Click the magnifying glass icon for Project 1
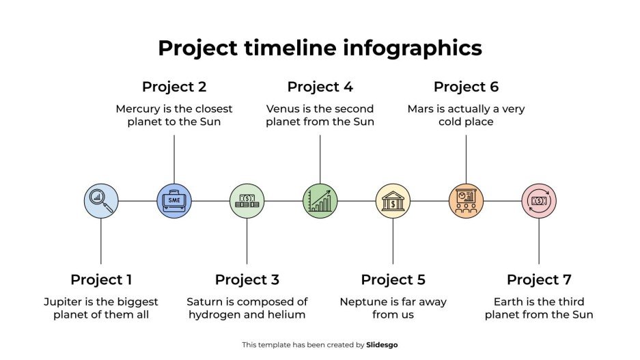point(101,201)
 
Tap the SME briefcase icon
point(174,201)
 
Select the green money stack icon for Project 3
point(247,201)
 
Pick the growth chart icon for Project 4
point(320,201)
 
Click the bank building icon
point(393,201)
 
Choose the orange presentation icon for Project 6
point(466,201)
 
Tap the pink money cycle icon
point(539,201)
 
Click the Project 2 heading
point(174,87)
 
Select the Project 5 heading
point(393,279)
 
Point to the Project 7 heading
point(539,279)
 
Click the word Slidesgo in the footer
point(382,345)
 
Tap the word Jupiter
point(64,301)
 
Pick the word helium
point(288,314)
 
